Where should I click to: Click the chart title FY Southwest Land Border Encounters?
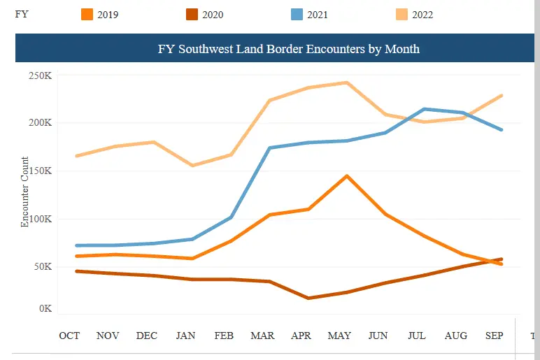(x=289, y=49)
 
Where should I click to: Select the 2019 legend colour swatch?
(x=87, y=15)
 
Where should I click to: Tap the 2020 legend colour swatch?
(x=192, y=15)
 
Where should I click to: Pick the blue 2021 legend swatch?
(x=297, y=15)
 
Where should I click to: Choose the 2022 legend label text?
(x=422, y=15)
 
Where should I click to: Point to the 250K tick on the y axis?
(x=41, y=75)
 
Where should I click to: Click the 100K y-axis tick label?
(x=41, y=219)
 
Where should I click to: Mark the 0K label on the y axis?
(x=45, y=308)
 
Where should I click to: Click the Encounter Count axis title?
(x=24, y=192)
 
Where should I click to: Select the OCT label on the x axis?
(x=69, y=336)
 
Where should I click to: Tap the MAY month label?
(x=339, y=336)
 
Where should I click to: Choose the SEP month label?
(x=495, y=336)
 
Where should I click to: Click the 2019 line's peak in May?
(x=347, y=176)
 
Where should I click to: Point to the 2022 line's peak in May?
(x=347, y=82)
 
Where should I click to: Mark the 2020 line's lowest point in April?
(x=308, y=298)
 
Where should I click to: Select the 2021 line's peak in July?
(x=425, y=109)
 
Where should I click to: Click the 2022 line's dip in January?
(x=192, y=166)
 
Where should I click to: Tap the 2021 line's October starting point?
(x=76, y=246)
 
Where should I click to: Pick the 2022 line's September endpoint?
(x=502, y=96)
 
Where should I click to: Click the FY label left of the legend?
(x=22, y=15)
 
